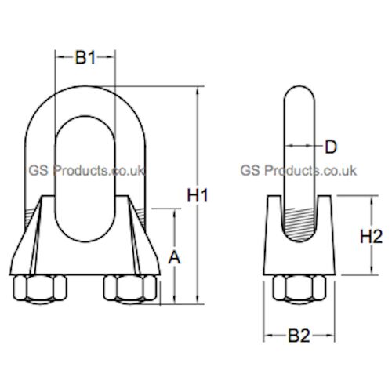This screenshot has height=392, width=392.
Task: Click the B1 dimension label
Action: click(x=85, y=57)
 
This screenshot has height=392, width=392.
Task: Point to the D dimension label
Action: click(x=330, y=146)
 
